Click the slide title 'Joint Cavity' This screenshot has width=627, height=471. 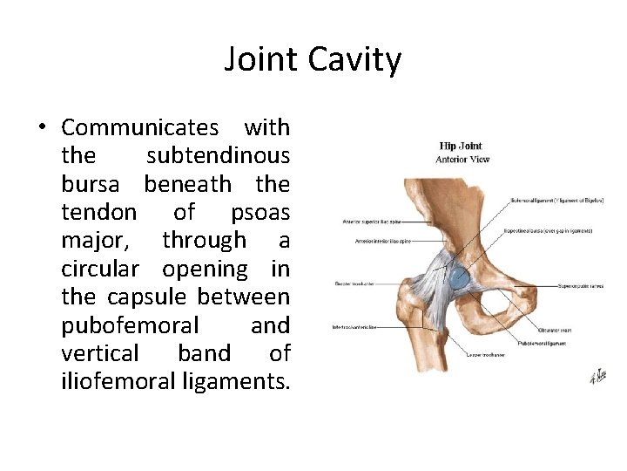pyautogui.click(x=313, y=60)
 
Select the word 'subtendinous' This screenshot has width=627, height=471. pyautogui.click(x=218, y=156)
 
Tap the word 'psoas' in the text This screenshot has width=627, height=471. pyautogui.click(x=260, y=212)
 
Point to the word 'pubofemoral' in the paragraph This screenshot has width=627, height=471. pyautogui.click(x=130, y=325)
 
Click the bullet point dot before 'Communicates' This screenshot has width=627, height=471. pyautogui.click(x=42, y=128)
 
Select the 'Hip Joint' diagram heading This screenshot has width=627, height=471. pyautogui.click(x=461, y=146)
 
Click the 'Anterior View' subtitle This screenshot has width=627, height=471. pyautogui.click(x=462, y=159)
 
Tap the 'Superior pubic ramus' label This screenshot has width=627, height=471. pyautogui.click(x=577, y=285)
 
